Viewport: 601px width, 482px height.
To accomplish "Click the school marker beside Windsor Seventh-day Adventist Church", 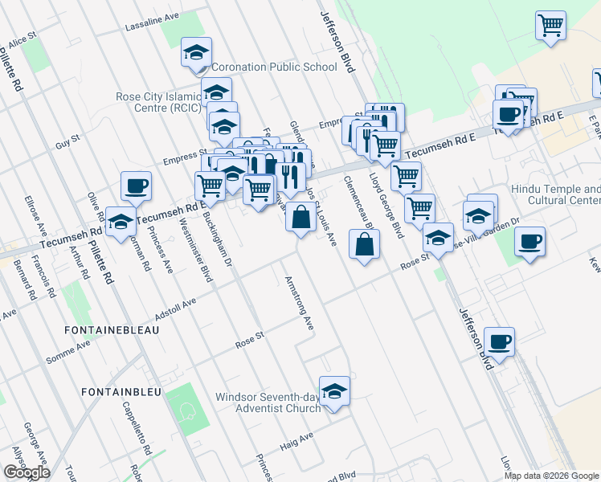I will pos(334,391).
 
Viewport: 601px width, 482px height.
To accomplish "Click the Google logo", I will pos(27,472).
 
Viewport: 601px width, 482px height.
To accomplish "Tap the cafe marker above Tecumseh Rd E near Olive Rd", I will pos(135,186).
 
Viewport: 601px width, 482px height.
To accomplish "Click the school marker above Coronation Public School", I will pos(195,52).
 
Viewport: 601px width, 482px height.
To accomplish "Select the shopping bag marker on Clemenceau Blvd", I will pos(364,244).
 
